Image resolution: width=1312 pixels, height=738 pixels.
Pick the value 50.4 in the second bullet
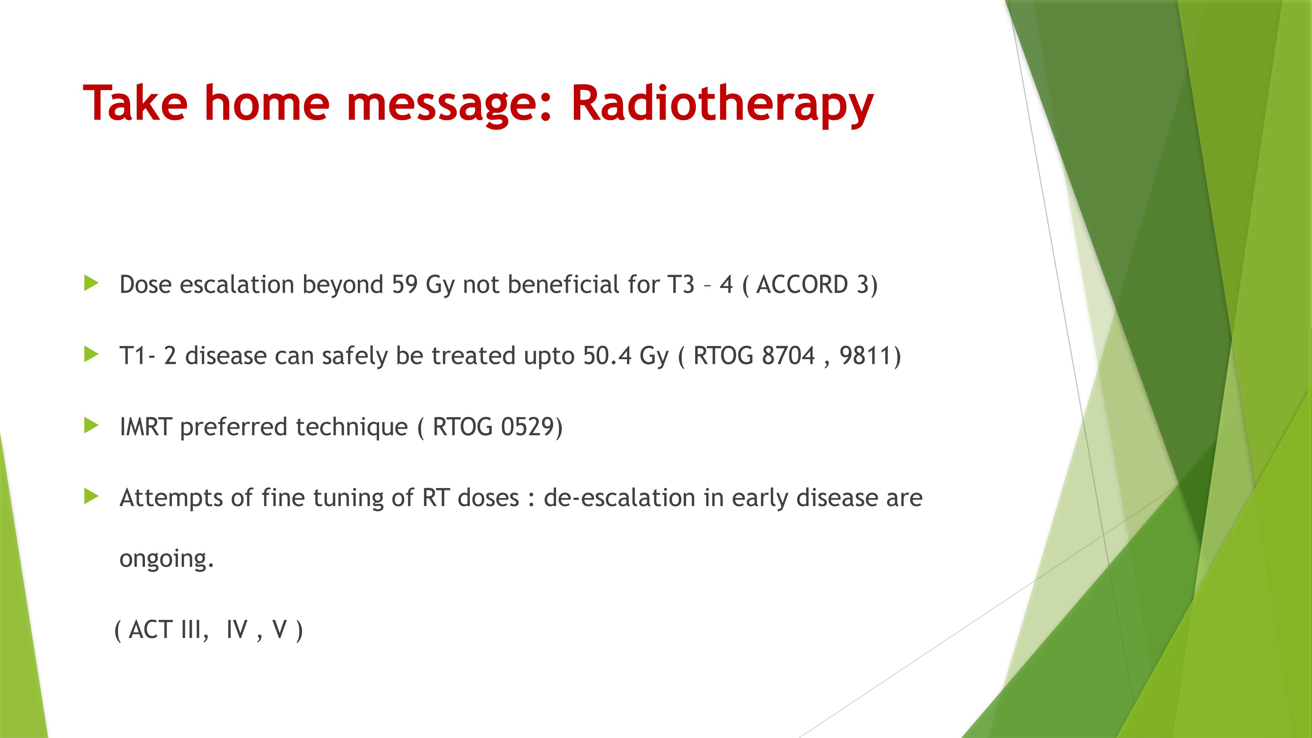607,356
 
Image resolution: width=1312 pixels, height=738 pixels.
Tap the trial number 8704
788,356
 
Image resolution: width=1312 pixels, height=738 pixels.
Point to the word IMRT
146,427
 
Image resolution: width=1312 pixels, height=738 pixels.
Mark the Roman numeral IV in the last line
237,629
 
